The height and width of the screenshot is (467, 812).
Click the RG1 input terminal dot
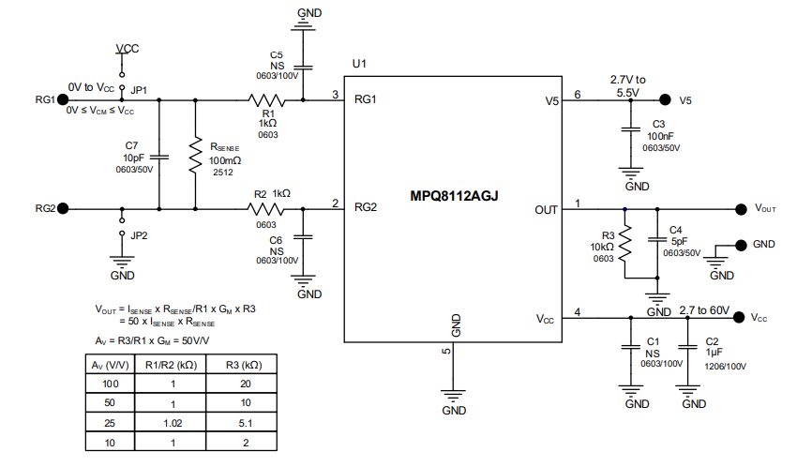(x=63, y=98)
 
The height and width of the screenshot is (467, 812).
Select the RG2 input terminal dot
(x=63, y=208)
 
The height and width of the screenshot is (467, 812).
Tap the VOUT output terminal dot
(x=735, y=208)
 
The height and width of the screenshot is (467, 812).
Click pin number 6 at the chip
(x=578, y=95)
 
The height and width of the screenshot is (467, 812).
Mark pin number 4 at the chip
(x=578, y=311)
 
